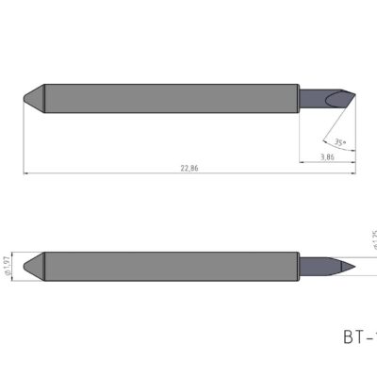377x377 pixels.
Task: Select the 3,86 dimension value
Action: [327, 156]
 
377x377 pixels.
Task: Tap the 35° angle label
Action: [338, 142]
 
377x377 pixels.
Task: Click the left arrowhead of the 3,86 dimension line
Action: [303, 161]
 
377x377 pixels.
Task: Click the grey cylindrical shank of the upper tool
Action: [170, 97]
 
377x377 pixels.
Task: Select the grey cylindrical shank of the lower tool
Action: [170, 263]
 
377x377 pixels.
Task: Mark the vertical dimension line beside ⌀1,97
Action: [16, 263]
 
